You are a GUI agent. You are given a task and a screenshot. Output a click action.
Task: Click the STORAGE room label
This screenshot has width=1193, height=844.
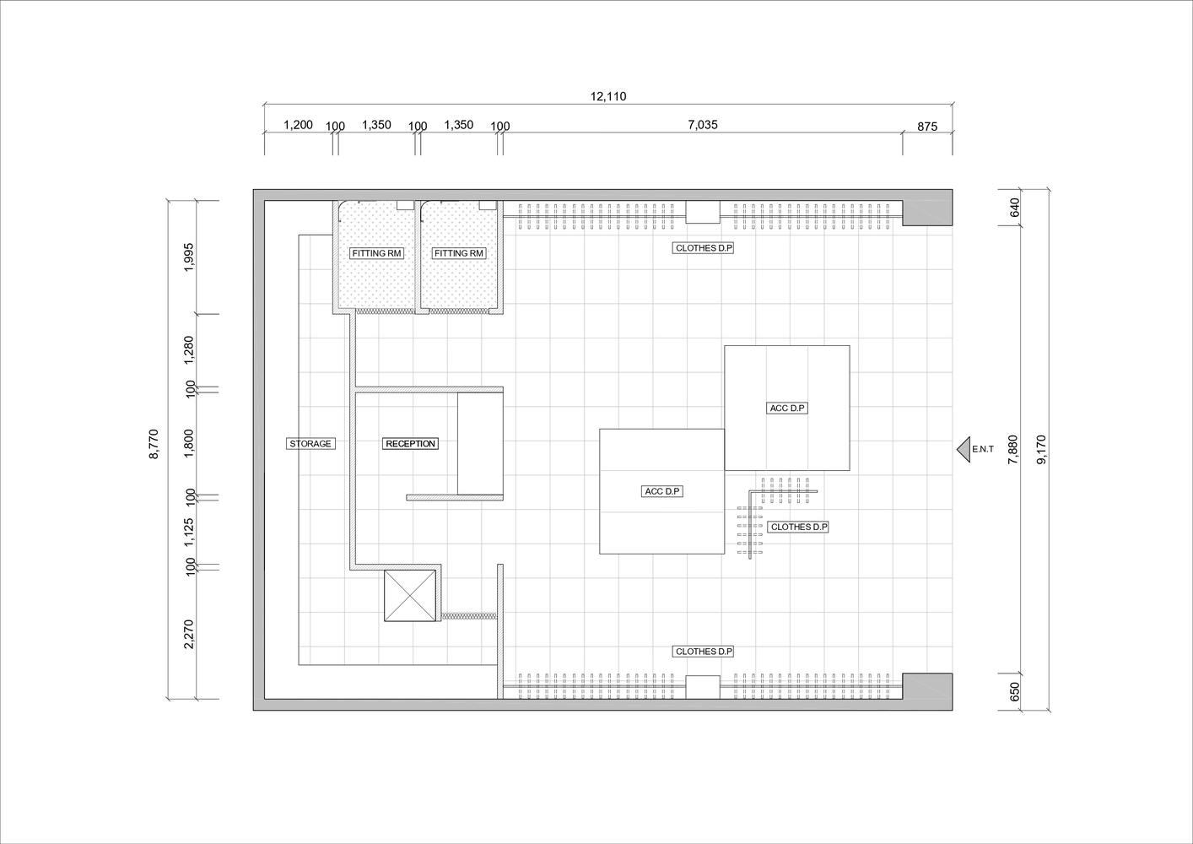pos(310,443)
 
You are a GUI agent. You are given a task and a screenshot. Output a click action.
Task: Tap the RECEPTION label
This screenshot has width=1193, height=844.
pos(410,443)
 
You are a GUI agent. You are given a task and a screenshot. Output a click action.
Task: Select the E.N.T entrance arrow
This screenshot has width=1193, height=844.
pos(964,449)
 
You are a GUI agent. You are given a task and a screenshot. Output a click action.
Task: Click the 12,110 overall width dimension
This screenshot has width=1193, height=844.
pos(608,96)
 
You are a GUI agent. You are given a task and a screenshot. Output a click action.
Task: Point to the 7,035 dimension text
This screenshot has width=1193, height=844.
pos(703,125)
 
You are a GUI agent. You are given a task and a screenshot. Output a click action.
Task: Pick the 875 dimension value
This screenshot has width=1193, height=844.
pos(927,127)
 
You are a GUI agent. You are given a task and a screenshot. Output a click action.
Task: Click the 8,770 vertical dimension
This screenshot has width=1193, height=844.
pos(154,443)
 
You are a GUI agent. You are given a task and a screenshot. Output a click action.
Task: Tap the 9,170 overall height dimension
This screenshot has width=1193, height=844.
pos(1041,449)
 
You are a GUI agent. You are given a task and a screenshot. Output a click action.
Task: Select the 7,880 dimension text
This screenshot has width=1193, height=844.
pos(1013,449)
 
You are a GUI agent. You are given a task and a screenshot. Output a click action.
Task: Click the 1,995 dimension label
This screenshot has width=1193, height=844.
pos(188,257)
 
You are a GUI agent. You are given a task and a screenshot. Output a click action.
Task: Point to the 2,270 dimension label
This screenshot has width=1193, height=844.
pos(188,634)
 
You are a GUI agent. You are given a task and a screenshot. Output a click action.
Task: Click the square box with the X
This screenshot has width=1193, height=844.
pos(410,596)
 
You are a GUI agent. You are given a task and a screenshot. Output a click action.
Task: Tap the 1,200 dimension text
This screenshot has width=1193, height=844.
pos(298,125)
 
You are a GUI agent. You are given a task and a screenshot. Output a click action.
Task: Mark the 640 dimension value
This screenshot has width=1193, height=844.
pos(1014,208)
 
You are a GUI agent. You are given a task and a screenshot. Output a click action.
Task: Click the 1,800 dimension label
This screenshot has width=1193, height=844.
pos(188,443)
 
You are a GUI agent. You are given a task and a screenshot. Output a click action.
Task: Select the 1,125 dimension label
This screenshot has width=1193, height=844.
pos(188,532)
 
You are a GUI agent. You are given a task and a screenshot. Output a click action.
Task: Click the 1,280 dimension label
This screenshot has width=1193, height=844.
pos(188,350)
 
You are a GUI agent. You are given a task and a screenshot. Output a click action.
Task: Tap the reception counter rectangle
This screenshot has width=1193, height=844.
pos(480,444)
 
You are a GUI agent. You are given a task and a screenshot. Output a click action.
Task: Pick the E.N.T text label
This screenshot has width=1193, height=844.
pos(983,449)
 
